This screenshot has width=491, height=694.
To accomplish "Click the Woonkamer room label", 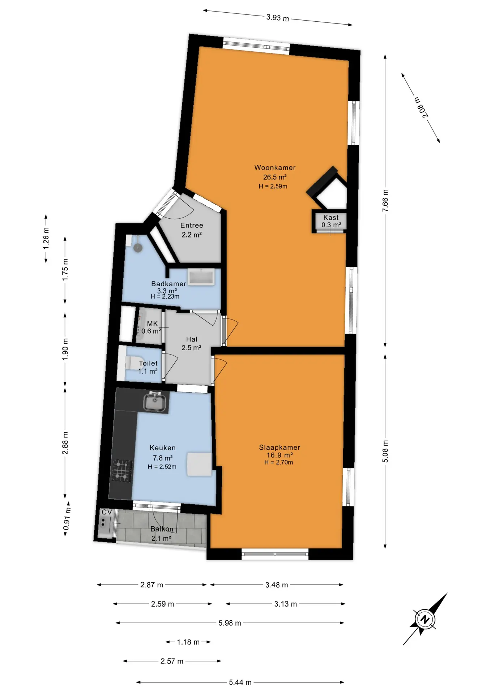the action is click(x=275, y=168).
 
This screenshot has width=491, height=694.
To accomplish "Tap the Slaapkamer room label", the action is click(x=279, y=447).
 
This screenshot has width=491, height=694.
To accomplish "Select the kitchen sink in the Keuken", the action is click(x=155, y=402).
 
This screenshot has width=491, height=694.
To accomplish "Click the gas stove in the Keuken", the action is click(x=122, y=471).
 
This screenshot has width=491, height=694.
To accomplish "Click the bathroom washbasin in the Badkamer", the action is click(x=201, y=277).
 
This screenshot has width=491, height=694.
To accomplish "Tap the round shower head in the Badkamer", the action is click(x=138, y=248).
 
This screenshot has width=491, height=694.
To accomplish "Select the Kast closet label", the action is click(x=331, y=218).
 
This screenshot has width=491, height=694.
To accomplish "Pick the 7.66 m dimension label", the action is click(x=385, y=201).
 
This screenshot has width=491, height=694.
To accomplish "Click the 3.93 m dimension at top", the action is click(x=278, y=17).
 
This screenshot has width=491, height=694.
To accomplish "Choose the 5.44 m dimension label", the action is click(x=240, y=682).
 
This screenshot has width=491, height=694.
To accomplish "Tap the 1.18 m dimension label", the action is click(x=188, y=642).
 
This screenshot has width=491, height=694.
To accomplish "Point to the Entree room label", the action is click(x=192, y=226).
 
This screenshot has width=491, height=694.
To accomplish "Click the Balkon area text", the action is click(x=162, y=529).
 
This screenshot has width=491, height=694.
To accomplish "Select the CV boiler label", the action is click(x=107, y=512).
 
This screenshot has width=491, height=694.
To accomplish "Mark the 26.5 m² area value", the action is click(x=275, y=177).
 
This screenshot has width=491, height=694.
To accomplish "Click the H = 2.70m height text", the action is click(x=279, y=462).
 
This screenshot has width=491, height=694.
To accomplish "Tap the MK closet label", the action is click(x=152, y=324).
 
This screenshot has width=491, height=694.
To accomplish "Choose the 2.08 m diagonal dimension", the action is click(x=421, y=107).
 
